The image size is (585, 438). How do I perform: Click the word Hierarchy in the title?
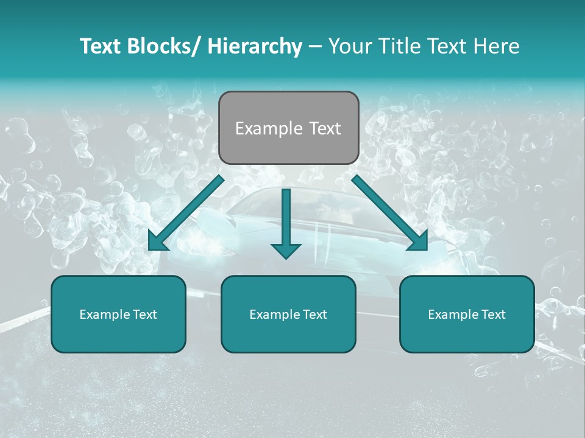[x=255, y=46]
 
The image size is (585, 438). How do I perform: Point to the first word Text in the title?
[x=102, y=46]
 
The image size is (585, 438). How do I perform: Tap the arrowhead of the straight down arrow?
[x=286, y=249]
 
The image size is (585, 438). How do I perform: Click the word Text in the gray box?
[x=324, y=128]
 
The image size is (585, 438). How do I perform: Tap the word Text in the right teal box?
[x=493, y=315]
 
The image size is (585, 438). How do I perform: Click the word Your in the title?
[x=349, y=46]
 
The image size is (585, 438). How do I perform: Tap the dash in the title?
[x=315, y=47]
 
